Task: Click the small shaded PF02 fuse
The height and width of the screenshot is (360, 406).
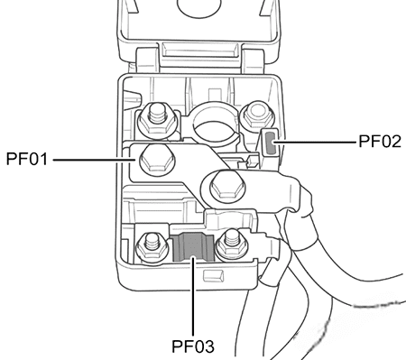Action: point(271,141)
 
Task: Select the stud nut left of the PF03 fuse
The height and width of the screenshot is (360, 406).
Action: point(148,244)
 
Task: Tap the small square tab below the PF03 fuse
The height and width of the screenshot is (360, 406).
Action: point(213,272)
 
